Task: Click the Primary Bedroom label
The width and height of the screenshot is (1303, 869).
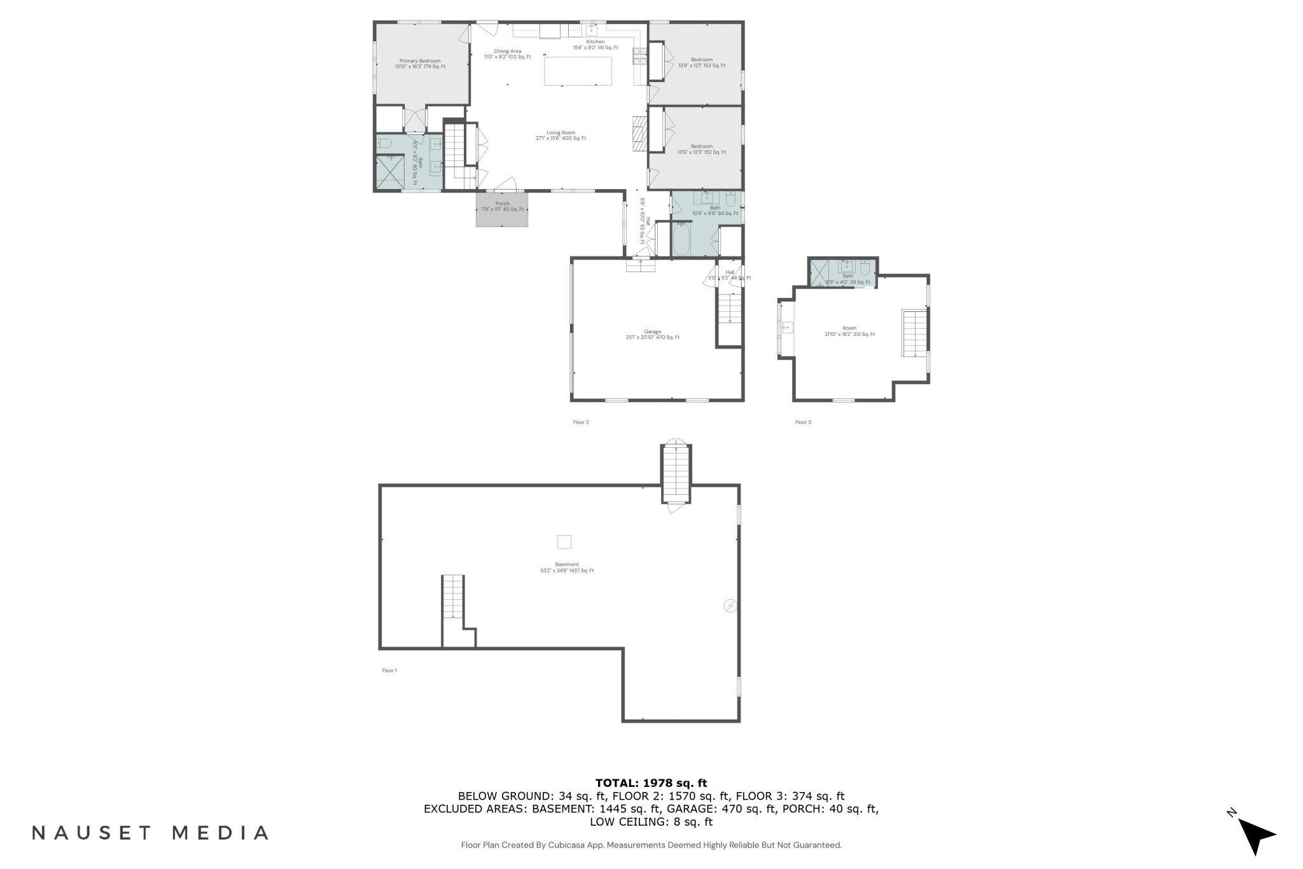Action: coord(420,64)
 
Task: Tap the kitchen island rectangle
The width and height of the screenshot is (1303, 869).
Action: coord(578,71)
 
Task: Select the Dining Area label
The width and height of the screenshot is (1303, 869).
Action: coord(507,53)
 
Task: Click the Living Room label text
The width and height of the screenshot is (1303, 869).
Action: coord(561,136)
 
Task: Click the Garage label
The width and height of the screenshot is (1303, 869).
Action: coord(652,334)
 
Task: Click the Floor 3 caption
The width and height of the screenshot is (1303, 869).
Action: coord(803,422)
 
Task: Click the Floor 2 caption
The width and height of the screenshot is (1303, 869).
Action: coord(581,422)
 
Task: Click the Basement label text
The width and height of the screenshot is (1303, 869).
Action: coord(566,567)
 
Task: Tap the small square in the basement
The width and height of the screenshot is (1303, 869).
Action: coord(564,542)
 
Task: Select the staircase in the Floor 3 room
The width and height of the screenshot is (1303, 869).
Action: coord(914,333)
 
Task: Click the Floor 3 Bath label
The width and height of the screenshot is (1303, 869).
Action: coord(847,279)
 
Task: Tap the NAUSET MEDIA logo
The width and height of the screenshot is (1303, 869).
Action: coord(150,833)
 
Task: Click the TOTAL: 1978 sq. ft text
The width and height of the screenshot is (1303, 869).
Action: coord(651,783)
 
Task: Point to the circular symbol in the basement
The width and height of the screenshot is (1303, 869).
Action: coord(730,606)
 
